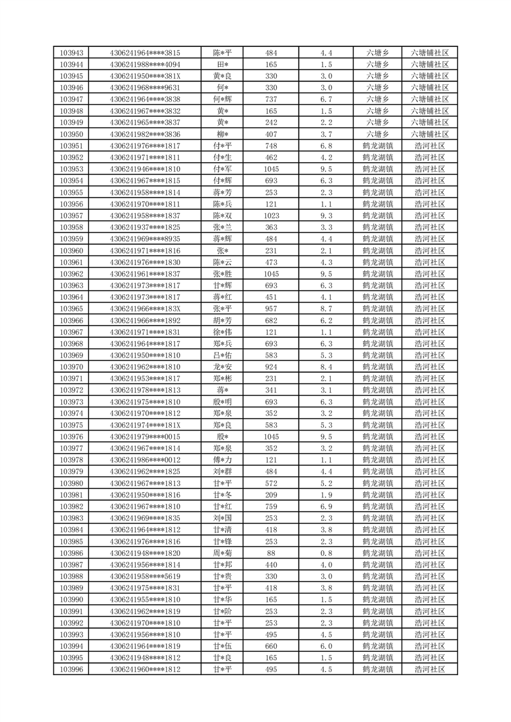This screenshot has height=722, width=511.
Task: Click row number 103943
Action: coord(71,53)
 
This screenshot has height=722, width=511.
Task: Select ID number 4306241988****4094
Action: coord(145,64)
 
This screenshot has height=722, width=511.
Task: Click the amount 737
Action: coord(271,99)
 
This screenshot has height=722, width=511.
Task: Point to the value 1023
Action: coord(271,216)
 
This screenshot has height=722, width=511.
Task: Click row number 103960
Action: coord(71,250)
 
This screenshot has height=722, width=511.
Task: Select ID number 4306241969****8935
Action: coord(145,239)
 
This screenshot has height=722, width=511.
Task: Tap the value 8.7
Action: coord(326,309)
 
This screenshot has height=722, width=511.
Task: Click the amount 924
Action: coord(271,367)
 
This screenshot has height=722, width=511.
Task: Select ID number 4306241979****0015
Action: coord(145,437)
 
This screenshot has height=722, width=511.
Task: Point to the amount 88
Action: coord(271,553)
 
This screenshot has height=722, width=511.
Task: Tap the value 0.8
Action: coord(326,553)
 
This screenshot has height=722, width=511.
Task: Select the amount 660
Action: coord(271,646)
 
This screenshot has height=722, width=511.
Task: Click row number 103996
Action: coord(71,669)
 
